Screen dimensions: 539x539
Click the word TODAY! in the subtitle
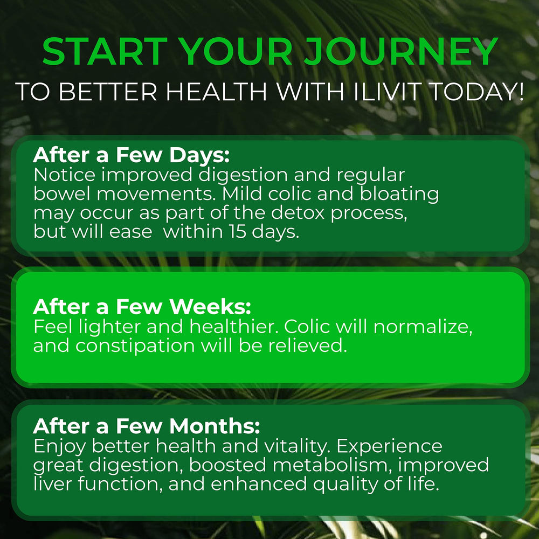(478, 92)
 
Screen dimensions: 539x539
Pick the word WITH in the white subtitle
(309, 92)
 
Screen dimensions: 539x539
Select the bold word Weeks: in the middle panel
(211, 307)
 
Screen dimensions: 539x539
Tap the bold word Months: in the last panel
(215, 426)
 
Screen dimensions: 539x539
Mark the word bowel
(59, 194)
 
